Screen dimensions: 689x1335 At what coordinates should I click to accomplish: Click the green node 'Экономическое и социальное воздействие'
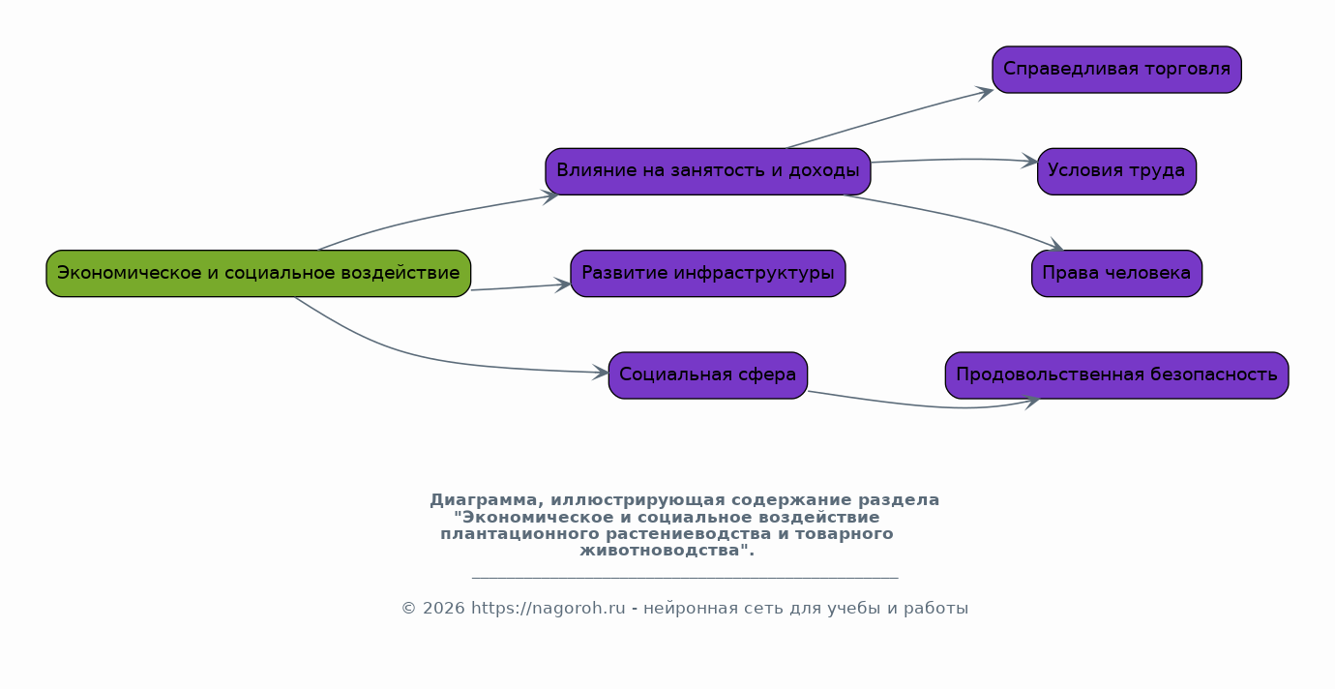258,273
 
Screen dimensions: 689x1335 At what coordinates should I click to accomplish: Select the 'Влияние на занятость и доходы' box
707,171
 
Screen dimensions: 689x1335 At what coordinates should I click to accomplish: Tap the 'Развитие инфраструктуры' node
707,273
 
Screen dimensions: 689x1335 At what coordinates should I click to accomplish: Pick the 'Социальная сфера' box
707,374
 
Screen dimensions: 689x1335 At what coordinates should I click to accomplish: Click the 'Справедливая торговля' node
1116,70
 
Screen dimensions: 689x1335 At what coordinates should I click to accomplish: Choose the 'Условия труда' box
1116,171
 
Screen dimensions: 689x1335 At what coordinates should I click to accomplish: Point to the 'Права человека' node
1116,273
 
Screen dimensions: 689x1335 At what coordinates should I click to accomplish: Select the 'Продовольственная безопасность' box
1116,374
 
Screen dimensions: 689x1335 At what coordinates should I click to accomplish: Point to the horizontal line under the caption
685,578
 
